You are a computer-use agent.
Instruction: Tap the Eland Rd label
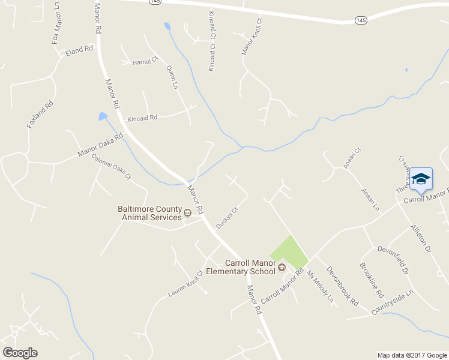[x=80, y=50]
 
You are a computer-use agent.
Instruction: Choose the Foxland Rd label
[x=40, y=115]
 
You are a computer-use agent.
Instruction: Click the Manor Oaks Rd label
[x=100, y=145]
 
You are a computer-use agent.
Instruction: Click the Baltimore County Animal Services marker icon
[x=187, y=212]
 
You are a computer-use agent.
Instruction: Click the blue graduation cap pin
[x=421, y=179]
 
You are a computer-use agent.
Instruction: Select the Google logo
[x=20, y=353]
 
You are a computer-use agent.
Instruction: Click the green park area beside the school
[x=290, y=251]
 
